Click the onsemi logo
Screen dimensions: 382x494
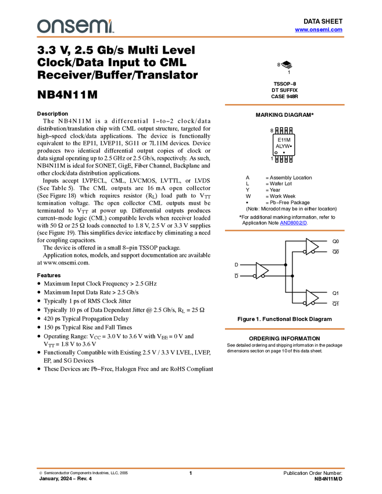pyautogui.click(x=75, y=26)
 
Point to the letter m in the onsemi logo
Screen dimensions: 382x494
pyautogui.click(x=97, y=27)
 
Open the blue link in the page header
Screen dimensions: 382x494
pyautogui.click(x=319, y=30)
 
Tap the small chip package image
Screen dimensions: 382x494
pyautogui.click(x=287, y=65)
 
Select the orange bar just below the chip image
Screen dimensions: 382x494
pyautogui.click(x=284, y=105)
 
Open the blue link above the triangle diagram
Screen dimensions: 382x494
pyautogui.click(x=293, y=223)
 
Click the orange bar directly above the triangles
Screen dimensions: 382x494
pyautogui.click(x=284, y=231)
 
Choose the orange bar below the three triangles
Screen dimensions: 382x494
pyautogui.click(x=284, y=329)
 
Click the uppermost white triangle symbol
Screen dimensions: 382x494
pyautogui.click(x=312, y=246)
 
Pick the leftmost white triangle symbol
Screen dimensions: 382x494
pyautogui.click(x=261, y=270)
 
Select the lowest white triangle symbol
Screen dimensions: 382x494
pyautogui.click(x=312, y=298)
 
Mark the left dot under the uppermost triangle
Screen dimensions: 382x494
pyautogui.click(x=305, y=252)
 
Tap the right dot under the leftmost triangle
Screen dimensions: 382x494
pyautogui.click(x=263, y=277)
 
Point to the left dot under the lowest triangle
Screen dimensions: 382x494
pyautogui.click(x=305, y=303)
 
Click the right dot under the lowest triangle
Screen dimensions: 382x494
pyautogui.click(x=313, y=304)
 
